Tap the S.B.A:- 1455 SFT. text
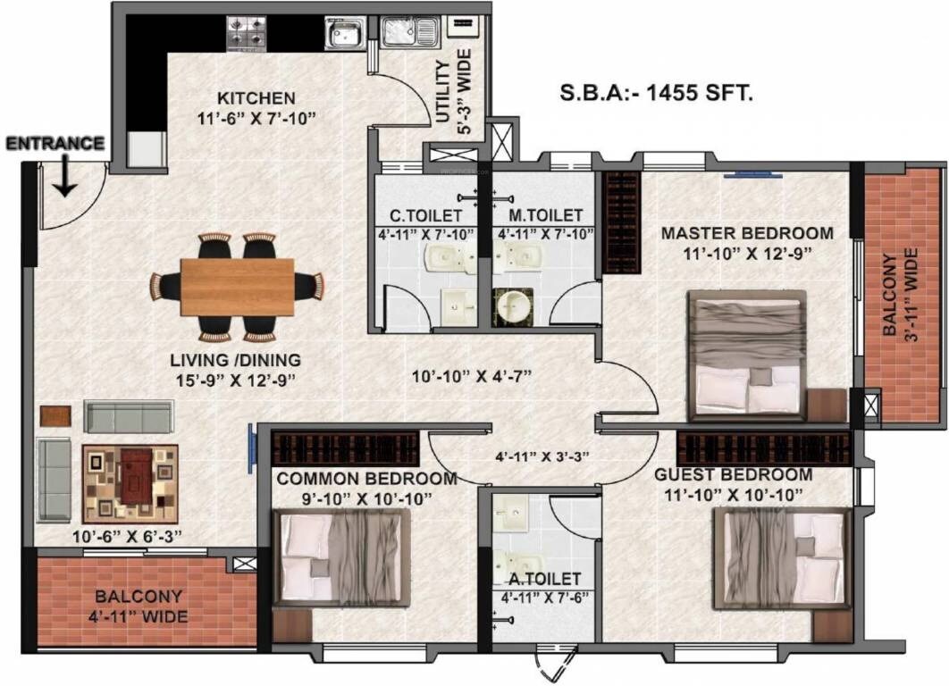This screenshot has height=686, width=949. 656,91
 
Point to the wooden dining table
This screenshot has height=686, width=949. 237,287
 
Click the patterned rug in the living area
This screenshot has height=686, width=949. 130,483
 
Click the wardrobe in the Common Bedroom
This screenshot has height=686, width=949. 345,448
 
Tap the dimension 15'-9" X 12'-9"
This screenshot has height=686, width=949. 236,380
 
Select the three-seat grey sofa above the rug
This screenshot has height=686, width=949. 129,415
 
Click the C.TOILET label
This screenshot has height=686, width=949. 425,215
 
